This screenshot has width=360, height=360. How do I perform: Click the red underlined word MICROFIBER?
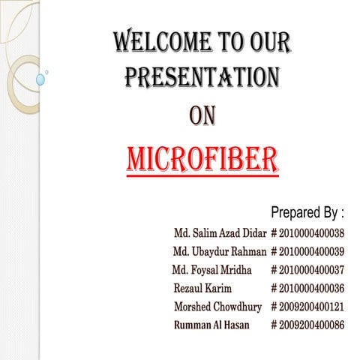202,159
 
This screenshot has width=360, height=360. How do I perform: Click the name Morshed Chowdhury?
218,307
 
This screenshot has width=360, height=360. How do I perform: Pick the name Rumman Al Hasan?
213,325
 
